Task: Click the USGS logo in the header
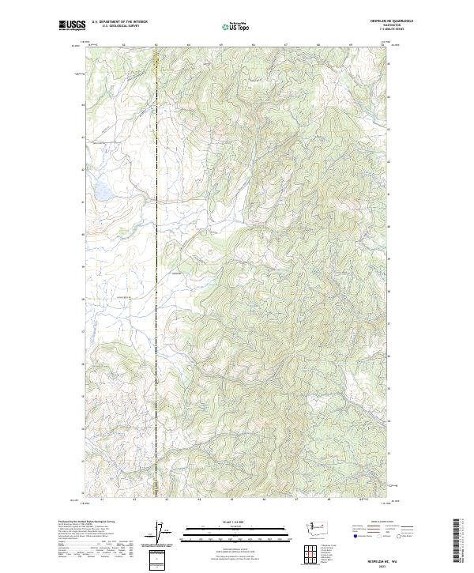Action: (x=73, y=26)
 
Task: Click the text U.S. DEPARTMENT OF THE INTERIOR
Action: (x=119, y=22)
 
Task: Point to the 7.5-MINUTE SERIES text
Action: (x=388, y=30)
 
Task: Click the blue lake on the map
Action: (x=101, y=192)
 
